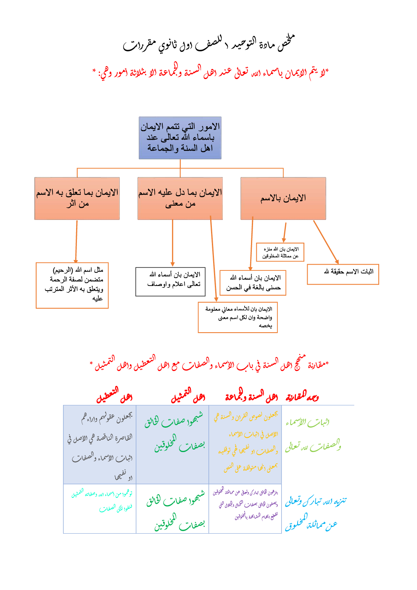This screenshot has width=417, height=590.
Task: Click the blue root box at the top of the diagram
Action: pos(180,138)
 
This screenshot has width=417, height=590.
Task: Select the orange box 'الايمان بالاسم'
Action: pos(283,198)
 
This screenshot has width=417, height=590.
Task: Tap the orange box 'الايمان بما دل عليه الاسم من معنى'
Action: pos(180,198)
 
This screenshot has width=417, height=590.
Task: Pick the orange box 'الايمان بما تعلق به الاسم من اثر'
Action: pos(77,198)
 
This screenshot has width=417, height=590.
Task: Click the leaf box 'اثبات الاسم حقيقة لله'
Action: pos(343,274)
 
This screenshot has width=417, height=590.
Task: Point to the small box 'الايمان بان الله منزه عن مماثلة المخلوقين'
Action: pos(280,252)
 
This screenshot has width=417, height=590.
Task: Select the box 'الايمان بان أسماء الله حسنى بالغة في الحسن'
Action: pos(253,283)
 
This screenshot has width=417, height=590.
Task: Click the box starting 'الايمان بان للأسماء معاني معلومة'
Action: pos(238,317)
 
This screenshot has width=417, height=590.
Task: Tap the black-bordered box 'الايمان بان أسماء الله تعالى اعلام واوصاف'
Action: pos(170,281)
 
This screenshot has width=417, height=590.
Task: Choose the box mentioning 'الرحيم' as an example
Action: pos(72,286)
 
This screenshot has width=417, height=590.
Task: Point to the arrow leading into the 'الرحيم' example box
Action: pos(77,242)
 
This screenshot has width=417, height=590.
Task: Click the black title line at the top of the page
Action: pos(208,44)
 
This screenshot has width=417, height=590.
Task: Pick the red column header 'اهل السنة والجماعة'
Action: pos(251,396)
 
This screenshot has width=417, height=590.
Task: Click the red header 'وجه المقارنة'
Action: pos(302,396)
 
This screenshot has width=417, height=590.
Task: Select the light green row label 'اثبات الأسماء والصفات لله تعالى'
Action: pos(313,434)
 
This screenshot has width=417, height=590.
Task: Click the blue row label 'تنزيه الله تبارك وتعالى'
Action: pos(315,512)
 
